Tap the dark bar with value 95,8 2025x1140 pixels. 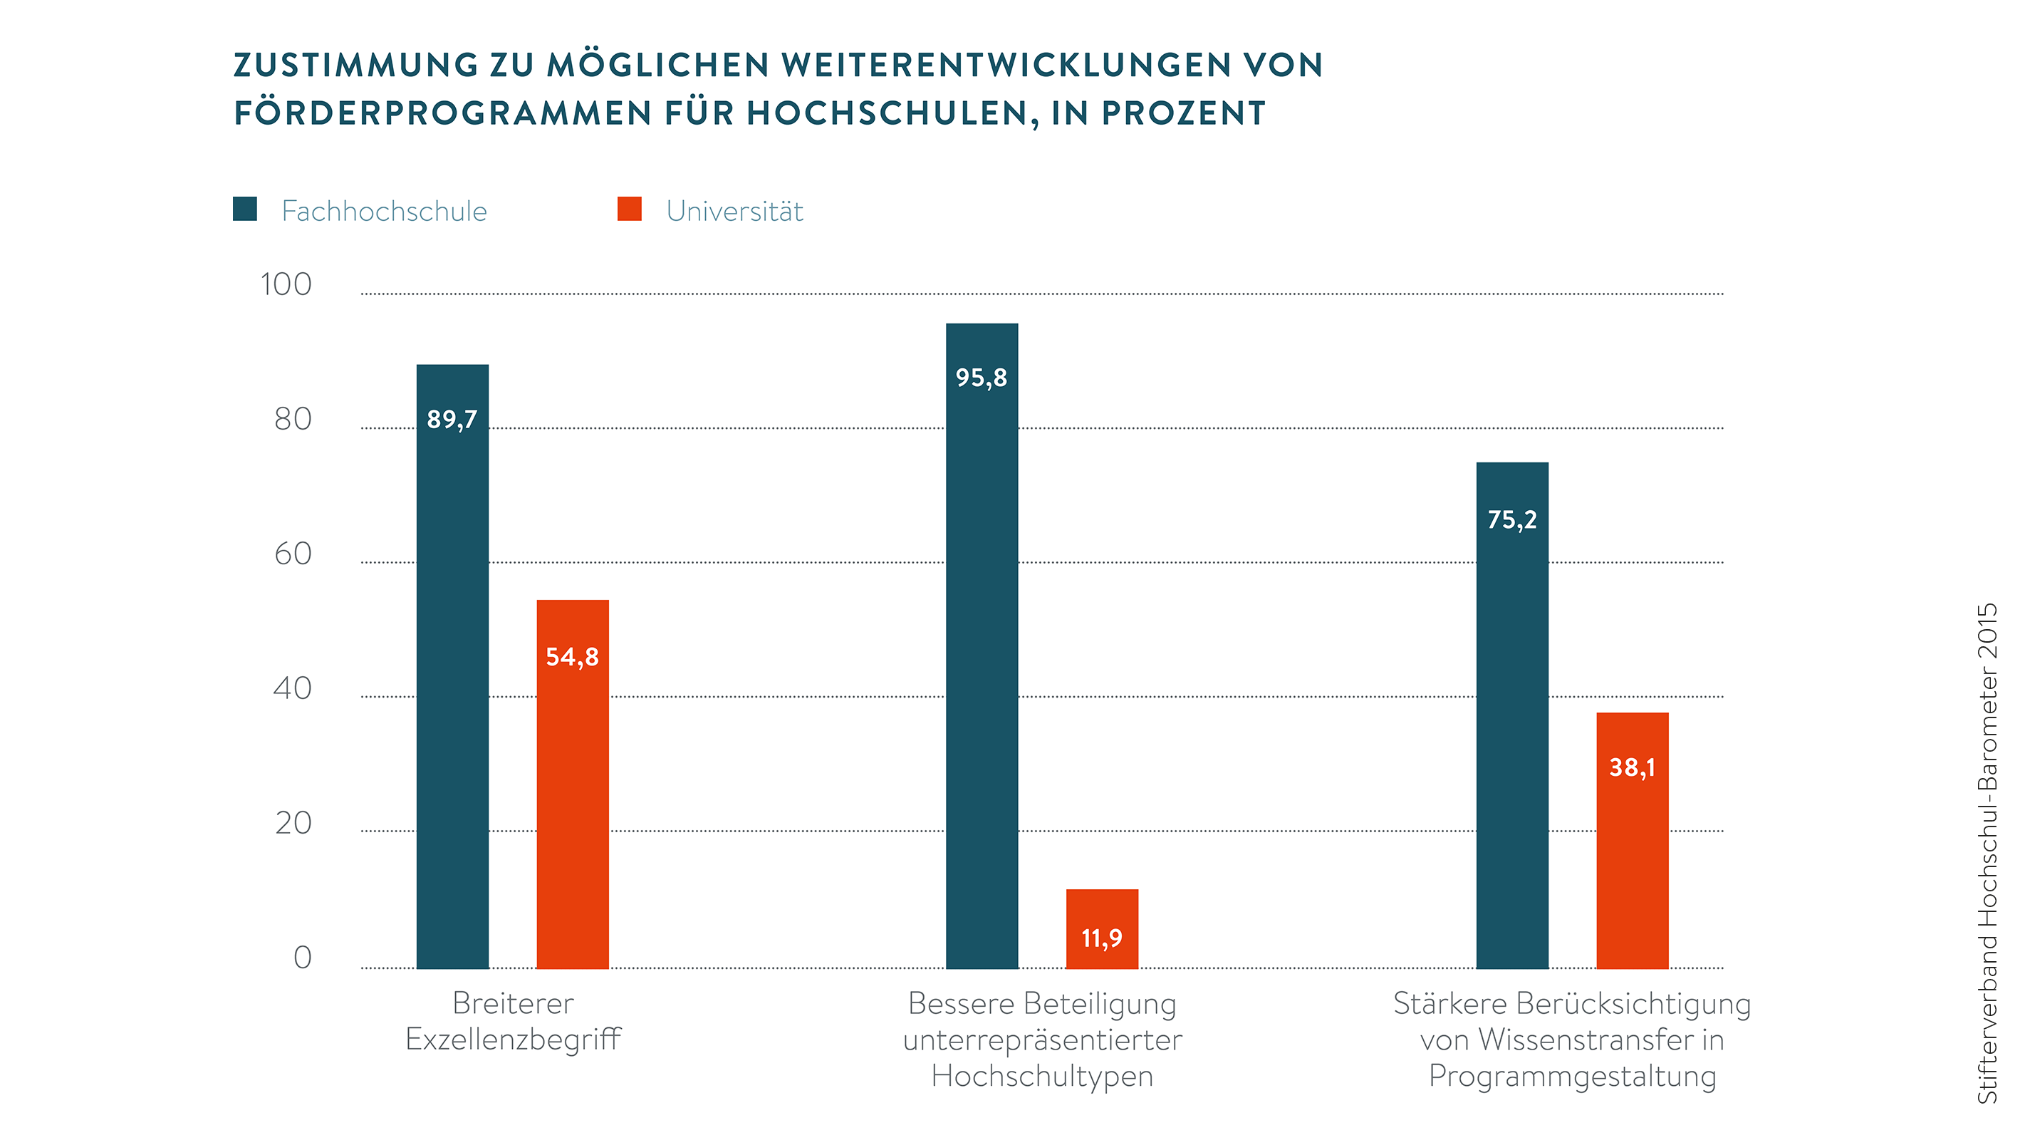point(982,645)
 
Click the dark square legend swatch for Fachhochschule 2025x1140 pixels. point(245,209)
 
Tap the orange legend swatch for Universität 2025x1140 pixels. point(630,209)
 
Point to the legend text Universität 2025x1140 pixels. point(734,212)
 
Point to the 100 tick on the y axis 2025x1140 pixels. point(286,284)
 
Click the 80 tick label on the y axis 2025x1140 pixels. point(293,419)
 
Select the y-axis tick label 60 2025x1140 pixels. point(293,554)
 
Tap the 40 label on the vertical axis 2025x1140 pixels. point(293,689)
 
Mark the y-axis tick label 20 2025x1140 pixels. point(293,823)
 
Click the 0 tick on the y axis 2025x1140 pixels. point(302,958)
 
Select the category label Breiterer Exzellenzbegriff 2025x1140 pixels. point(513,1021)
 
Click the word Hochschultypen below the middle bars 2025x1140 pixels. point(1042,1076)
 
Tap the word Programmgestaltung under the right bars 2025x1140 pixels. point(1572,1076)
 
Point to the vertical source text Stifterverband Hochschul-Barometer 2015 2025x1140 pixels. point(1987,853)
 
